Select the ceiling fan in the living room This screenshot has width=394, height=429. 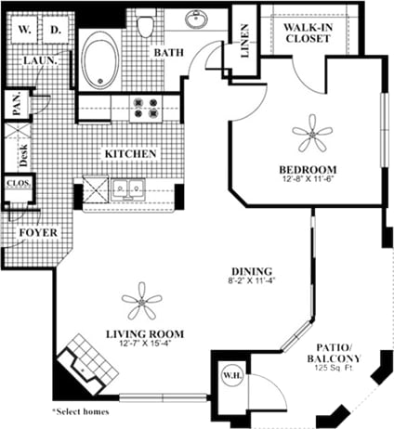click(x=142, y=301)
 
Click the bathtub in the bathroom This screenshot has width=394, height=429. click(x=101, y=60)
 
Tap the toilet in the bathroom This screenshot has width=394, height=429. click(x=145, y=26)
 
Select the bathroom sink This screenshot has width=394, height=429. click(x=197, y=19)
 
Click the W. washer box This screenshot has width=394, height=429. click(x=24, y=30)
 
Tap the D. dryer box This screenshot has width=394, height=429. click(x=55, y=30)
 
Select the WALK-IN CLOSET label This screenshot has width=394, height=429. click(x=307, y=33)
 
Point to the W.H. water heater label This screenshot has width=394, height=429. click(x=230, y=375)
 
